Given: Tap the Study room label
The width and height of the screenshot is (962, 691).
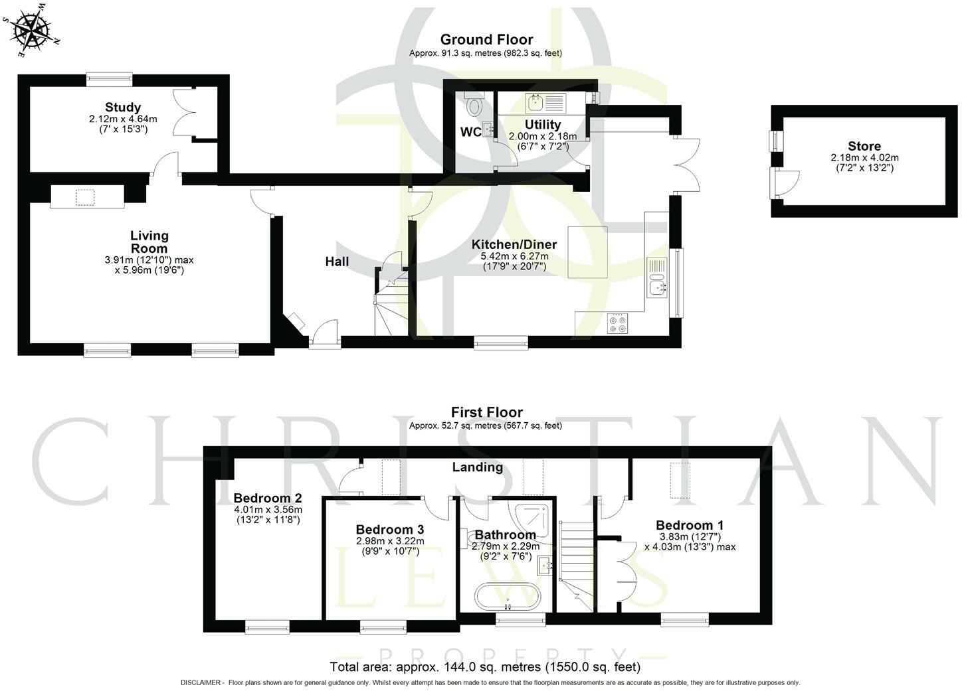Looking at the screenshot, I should [x=123, y=108].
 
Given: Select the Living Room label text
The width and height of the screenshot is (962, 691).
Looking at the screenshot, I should [x=149, y=242].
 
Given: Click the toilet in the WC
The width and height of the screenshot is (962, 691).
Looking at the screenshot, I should [x=474, y=104].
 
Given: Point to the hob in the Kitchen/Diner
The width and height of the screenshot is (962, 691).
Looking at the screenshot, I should [x=618, y=323].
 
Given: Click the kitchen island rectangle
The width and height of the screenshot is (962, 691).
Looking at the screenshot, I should [x=587, y=252].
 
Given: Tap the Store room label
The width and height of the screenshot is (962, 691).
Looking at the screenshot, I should [x=864, y=146].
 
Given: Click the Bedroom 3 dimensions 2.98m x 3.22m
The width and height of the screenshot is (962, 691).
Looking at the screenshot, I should [x=389, y=541].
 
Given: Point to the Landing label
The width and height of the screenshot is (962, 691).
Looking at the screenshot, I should [x=477, y=467].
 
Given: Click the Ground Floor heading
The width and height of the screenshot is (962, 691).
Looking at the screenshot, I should [x=486, y=40].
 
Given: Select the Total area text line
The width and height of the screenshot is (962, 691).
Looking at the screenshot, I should [x=485, y=666].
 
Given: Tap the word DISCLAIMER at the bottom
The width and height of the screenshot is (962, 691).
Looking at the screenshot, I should [x=202, y=682].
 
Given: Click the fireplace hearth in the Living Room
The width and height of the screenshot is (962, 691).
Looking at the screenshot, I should [x=86, y=197].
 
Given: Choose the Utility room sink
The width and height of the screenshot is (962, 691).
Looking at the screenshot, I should [x=535, y=102].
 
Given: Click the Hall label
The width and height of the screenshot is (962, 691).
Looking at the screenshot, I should [x=337, y=262].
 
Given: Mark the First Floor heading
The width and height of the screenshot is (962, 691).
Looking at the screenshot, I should [x=486, y=412].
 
